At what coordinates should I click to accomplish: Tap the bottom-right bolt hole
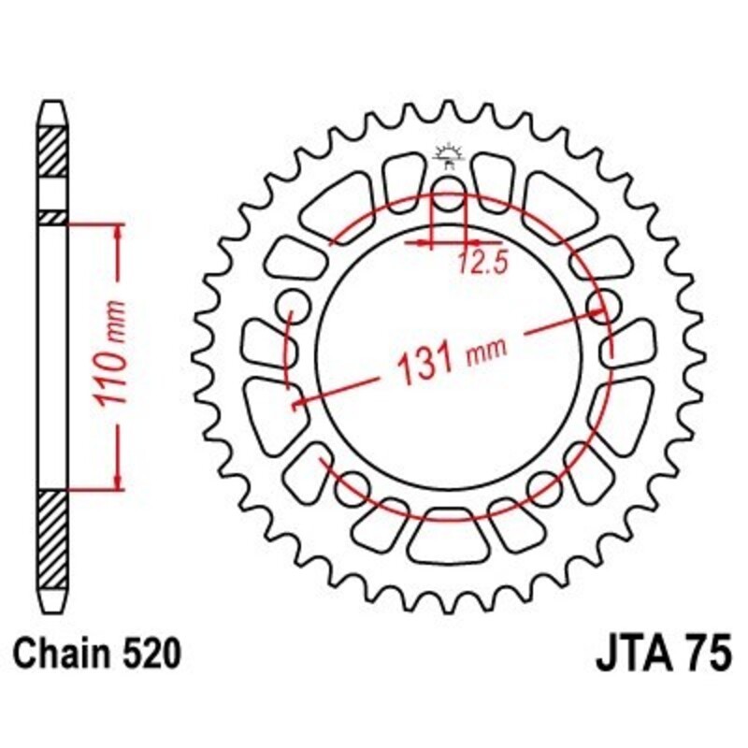click(x=544, y=482)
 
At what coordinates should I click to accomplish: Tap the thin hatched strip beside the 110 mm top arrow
click(x=52, y=217)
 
